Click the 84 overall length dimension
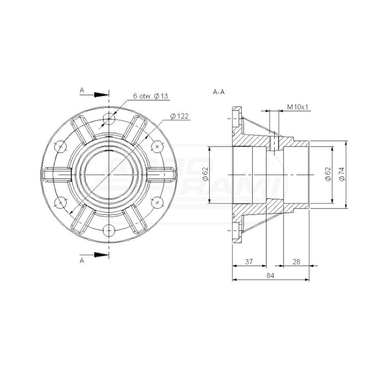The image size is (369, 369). [x=270, y=275]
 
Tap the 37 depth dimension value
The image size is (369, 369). [x=249, y=261]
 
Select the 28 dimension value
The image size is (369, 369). [x=296, y=261]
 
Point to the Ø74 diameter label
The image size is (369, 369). [x=342, y=174]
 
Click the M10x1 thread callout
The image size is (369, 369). [x=297, y=107]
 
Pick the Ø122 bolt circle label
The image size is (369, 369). [x=179, y=116]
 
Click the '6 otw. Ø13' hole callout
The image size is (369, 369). [x=151, y=96]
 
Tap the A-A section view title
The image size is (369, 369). [x=219, y=92]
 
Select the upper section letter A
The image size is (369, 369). [x=82, y=90]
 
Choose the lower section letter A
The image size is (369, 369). [x=82, y=260]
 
